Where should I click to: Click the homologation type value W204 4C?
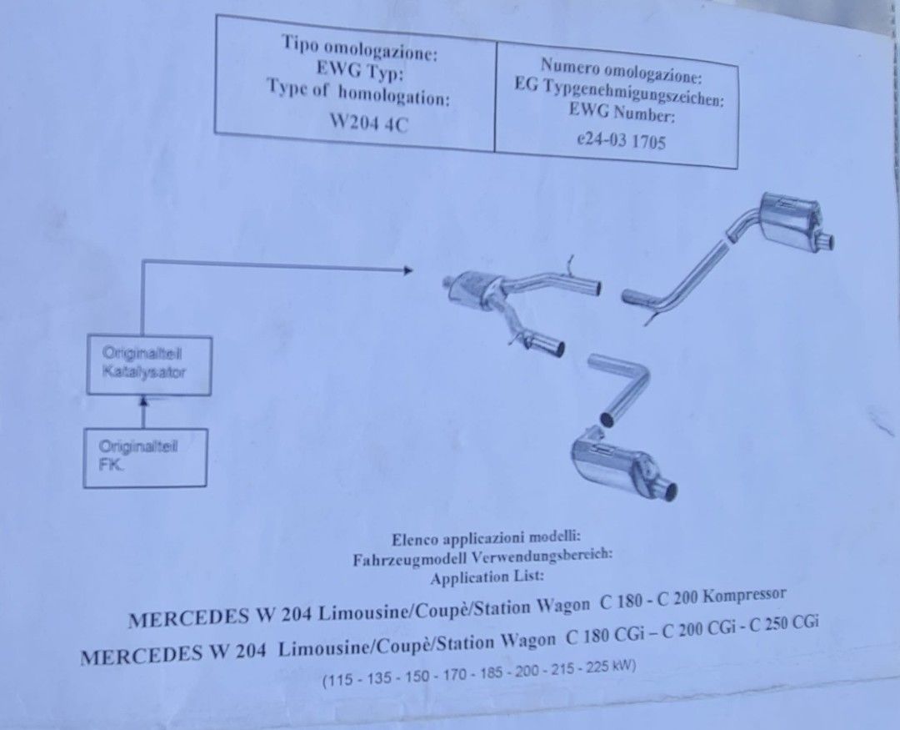(x=368, y=123)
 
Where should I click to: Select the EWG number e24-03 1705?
(x=621, y=140)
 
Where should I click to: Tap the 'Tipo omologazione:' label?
(x=359, y=48)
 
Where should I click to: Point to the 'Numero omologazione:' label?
(x=621, y=69)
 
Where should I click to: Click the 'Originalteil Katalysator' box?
(x=149, y=365)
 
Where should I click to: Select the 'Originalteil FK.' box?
(x=145, y=457)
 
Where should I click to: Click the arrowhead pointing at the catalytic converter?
(x=408, y=270)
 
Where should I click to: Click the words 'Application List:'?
(x=487, y=576)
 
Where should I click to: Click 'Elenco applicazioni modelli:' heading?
(x=486, y=539)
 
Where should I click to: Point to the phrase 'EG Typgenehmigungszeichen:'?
(x=618, y=92)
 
